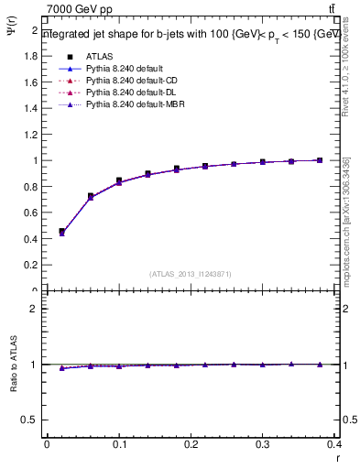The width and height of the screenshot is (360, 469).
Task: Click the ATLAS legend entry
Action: (x=98, y=57)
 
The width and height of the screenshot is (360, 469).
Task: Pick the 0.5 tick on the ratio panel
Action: (x=34, y=420)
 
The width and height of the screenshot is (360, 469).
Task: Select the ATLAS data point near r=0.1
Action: (x=119, y=180)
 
